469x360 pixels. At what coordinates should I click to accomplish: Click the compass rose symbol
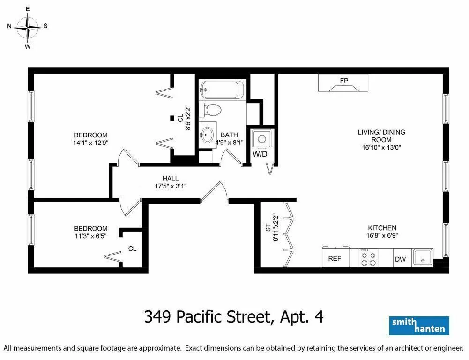pyautogui.click(x=28, y=27)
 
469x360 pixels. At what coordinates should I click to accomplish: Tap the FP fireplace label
pyautogui.click(x=344, y=81)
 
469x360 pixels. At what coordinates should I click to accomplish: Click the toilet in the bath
pyautogui.click(x=212, y=110)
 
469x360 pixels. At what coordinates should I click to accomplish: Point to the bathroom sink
pyautogui.click(x=208, y=135)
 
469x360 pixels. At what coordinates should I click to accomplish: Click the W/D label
pyautogui.click(x=260, y=154)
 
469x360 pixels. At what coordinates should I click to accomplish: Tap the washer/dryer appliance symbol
pyautogui.click(x=261, y=139)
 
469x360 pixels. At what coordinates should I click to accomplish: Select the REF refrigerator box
pyautogui.click(x=335, y=258)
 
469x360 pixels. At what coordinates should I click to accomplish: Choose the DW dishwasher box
pyautogui.click(x=400, y=259)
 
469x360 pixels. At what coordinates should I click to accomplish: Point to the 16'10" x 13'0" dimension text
pyautogui.click(x=381, y=147)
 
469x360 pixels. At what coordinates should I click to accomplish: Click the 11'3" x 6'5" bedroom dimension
pyautogui.click(x=91, y=236)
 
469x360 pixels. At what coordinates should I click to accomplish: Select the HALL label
pyautogui.click(x=170, y=178)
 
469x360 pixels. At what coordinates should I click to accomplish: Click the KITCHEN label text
pyautogui.click(x=382, y=228)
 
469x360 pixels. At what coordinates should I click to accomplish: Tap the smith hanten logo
pyautogui.click(x=419, y=325)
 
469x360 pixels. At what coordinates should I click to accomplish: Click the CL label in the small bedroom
pyautogui.click(x=133, y=248)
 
